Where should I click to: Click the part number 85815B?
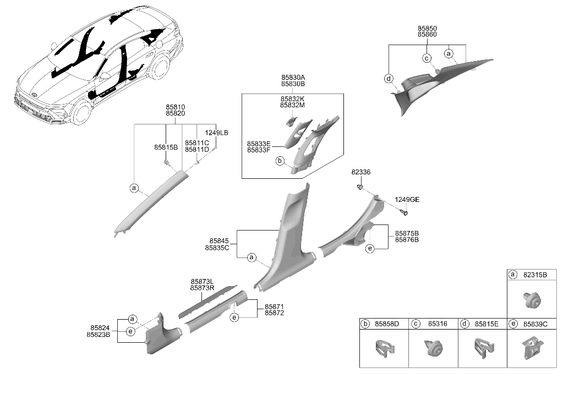click(x=166, y=147)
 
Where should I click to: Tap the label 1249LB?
click(x=216, y=133)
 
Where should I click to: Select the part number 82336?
click(x=361, y=172)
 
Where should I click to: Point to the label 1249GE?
click(x=407, y=200)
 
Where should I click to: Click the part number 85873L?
click(x=202, y=281)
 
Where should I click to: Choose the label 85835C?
click(x=217, y=248)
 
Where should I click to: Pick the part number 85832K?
click(x=293, y=99)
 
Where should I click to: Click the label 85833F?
click(x=259, y=150)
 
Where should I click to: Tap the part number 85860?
click(x=427, y=34)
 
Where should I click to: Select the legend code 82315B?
click(x=535, y=275)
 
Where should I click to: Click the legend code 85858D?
click(x=387, y=324)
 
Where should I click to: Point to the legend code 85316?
click(x=438, y=324)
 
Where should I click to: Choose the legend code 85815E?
click(x=486, y=324)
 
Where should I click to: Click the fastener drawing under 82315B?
click(x=531, y=300)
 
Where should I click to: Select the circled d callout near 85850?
click(x=389, y=79)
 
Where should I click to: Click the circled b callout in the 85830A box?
click(x=280, y=161)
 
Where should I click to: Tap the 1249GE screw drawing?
click(x=404, y=212)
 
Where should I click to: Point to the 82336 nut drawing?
click(x=360, y=187)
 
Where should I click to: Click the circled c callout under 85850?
click(x=427, y=58)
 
